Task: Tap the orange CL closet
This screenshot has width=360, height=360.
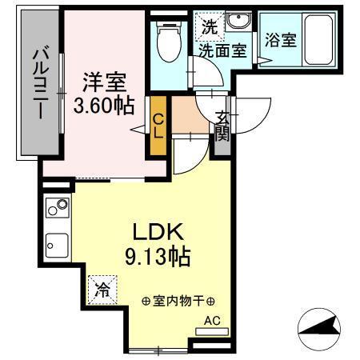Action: pos(158,125)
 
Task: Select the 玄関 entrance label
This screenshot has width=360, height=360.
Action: pos(222,126)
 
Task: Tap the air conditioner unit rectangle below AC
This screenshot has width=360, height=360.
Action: pos(211,330)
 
